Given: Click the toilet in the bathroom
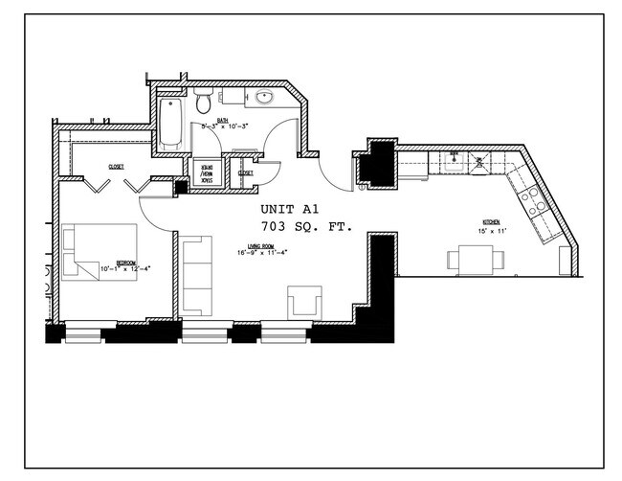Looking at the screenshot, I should pyautogui.click(x=202, y=102).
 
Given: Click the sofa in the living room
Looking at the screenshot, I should pyautogui.click(x=194, y=276).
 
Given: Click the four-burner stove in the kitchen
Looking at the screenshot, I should pyautogui.click(x=533, y=201).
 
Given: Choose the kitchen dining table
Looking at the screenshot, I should pyautogui.click(x=474, y=258).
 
